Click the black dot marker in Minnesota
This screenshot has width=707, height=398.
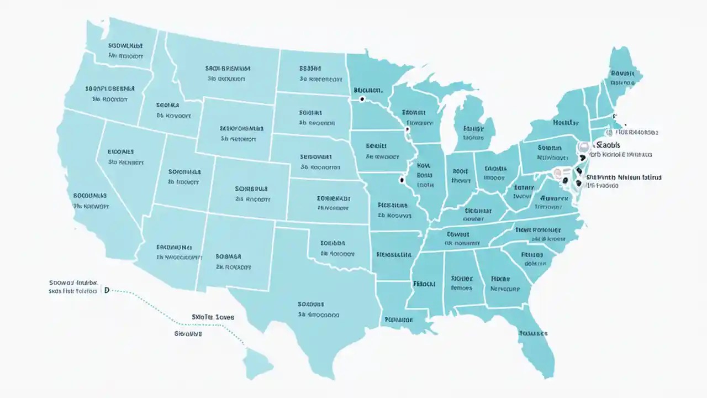tap(362, 99)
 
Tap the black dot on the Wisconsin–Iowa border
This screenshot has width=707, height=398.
tap(407, 129)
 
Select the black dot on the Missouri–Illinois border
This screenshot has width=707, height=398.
tap(401, 180)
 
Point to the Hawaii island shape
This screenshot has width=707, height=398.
tap(258, 362)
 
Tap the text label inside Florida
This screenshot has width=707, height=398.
tap(532, 333)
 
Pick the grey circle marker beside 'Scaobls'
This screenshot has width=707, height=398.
tap(583, 146)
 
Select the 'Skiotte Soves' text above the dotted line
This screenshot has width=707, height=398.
tap(213, 317)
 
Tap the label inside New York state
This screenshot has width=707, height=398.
tap(566, 122)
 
